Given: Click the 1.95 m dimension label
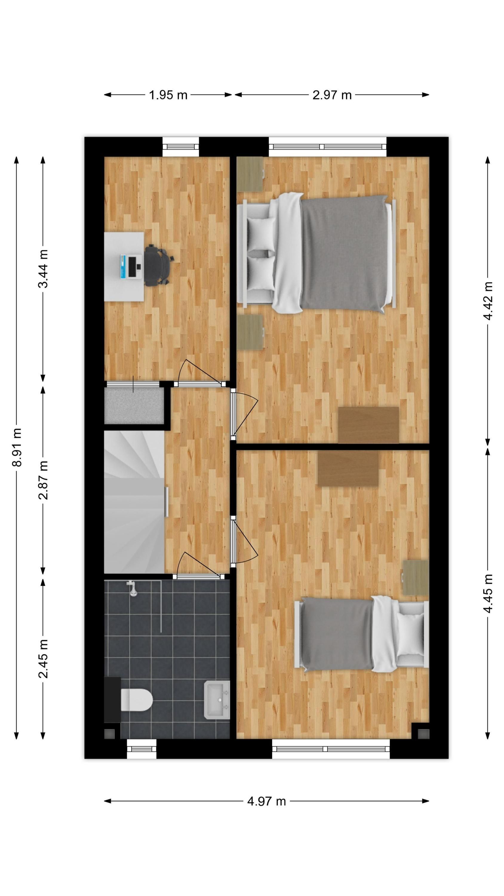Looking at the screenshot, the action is click(168, 95).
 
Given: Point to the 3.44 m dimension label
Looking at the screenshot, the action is click(43, 269).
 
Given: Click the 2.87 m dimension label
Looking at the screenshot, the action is click(43, 480).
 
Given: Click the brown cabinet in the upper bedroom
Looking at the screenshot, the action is click(369, 425).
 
